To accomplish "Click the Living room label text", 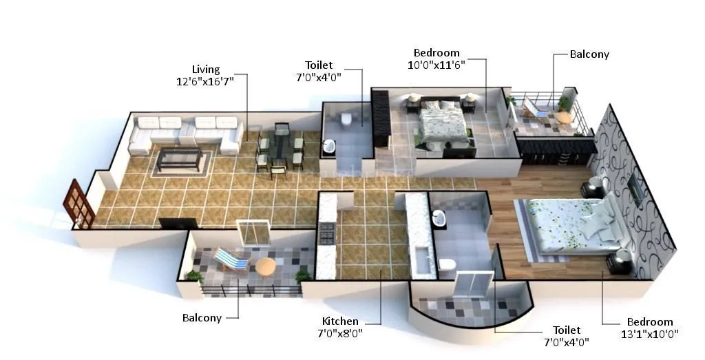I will click(x=206, y=70).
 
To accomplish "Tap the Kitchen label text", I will click(x=340, y=321).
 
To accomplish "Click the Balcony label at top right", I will click(x=589, y=54).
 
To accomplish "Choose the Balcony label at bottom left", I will click(x=202, y=318).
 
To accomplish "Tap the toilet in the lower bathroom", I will click(x=447, y=264).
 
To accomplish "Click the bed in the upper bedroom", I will click(x=443, y=125).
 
